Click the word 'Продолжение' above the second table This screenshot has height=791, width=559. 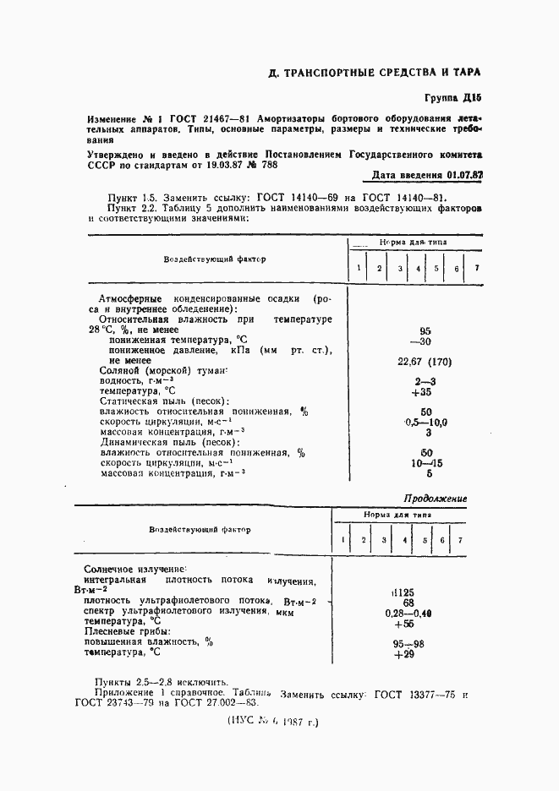pos(435,499)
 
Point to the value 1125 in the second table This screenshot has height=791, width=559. pos(403,593)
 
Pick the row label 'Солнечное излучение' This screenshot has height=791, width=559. pos(135,570)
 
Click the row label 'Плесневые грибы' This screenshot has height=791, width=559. pos(127,631)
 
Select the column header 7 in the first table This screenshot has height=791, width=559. pos(476,269)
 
